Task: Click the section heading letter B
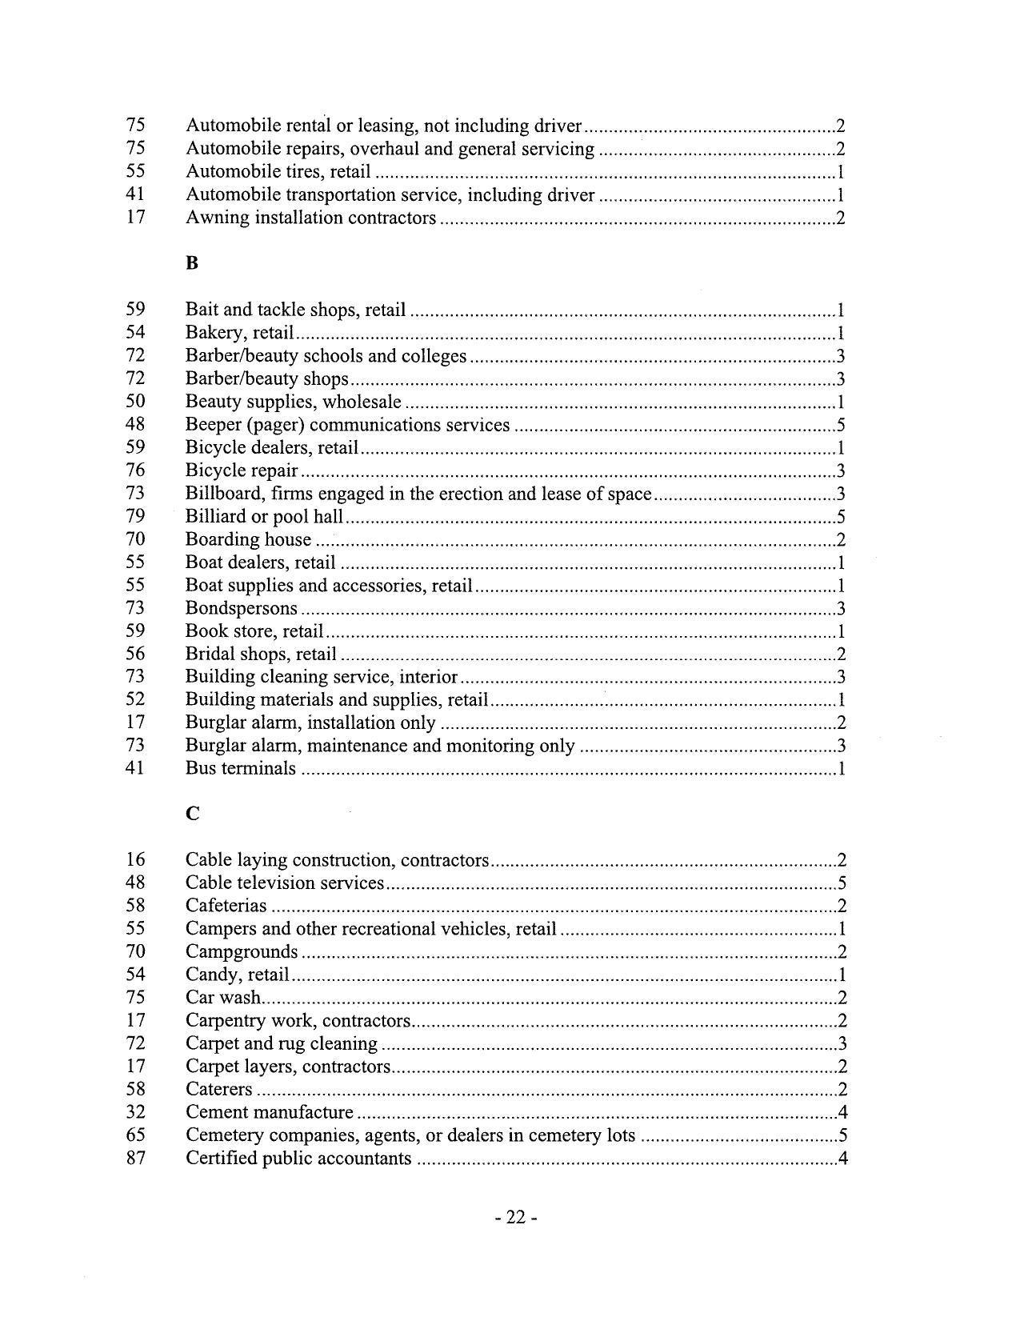[x=191, y=263]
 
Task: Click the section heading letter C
[x=192, y=814]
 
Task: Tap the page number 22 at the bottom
[x=515, y=1217]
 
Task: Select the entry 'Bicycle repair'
[x=242, y=470]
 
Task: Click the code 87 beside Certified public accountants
[x=136, y=1158]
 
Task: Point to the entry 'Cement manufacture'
[x=270, y=1112]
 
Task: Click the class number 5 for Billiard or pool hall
[x=841, y=517]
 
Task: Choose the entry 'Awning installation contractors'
[x=310, y=218]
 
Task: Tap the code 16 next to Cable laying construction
[x=136, y=860]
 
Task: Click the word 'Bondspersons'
[x=242, y=609]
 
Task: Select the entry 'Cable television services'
[x=285, y=883]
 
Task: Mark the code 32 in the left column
[x=136, y=1112]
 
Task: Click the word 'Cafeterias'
[x=226, y=906]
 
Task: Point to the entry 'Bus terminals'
[x=241, y=769]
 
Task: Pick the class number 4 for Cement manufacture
[x=842, y=1112]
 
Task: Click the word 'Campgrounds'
[x=242, y=952]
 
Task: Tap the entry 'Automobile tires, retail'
[x=278, y=171]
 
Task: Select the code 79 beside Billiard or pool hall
[x=136, y=516]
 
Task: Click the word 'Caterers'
[x=219, y=1090]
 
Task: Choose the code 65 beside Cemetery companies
[x=136, y=1135]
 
